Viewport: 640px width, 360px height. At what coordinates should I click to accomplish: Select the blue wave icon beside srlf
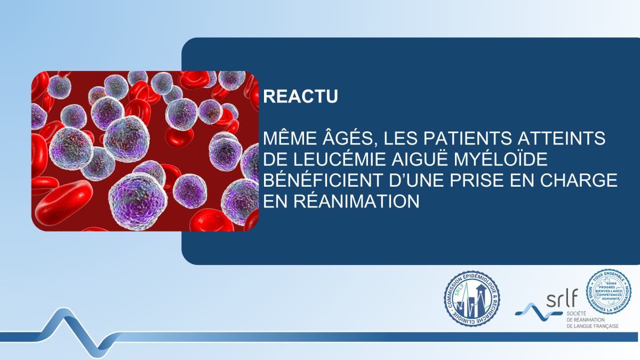pyautogui.click(x=533, y=310)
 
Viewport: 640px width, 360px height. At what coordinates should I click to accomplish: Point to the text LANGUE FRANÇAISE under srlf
pyautogui.click(x=592, y=325)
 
